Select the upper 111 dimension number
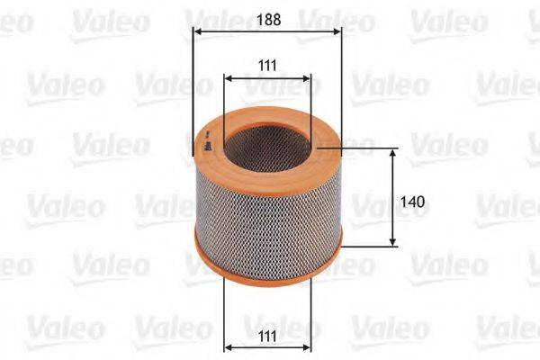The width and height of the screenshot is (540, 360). click(x=266, y=64)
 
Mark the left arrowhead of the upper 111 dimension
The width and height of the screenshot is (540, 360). click(x=229, y=79)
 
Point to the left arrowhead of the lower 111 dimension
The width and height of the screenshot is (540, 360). click(x=228, y=346)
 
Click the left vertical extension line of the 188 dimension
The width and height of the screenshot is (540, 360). click(x=194, y=90)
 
